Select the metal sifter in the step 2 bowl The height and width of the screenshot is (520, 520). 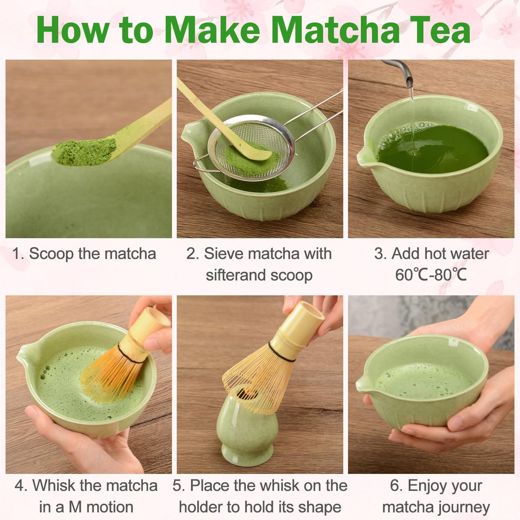pos(252,148)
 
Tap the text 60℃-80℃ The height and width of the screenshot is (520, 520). pos(431,275)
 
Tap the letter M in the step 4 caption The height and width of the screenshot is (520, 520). pos(75,507)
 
